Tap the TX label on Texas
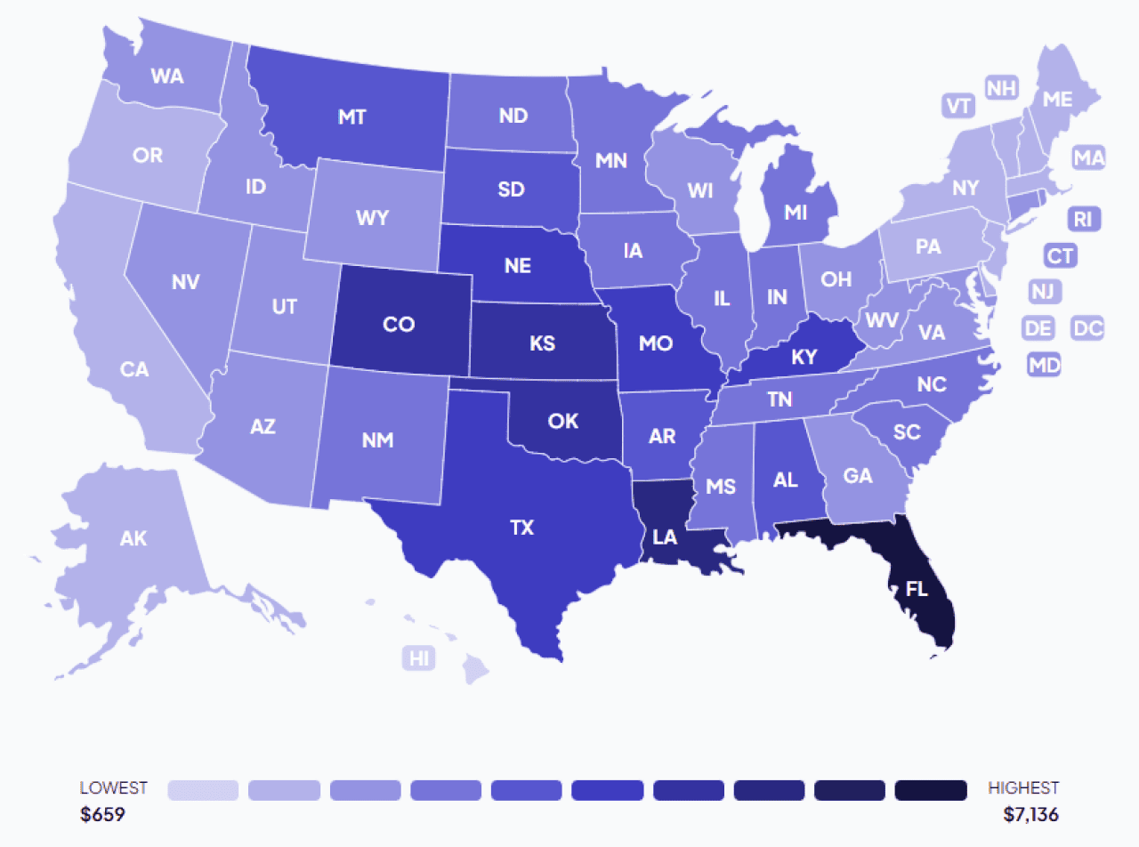(x=521, y=528)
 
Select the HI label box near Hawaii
(x=418, y=658)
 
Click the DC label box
(x=1087, y=328)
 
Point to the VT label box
(x=957, y=106)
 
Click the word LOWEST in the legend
(x=114, y=788)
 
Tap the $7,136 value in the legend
(x=1030, y=814)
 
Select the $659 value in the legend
(x=102, y=814)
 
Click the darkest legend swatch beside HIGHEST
(x=931, y=790)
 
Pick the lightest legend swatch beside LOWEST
(x=203, y=790)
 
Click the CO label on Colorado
(x=399, y=325)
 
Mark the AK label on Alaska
(x=133, y=538)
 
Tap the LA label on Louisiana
(x=664, y=536)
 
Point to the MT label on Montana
(x=352, y=117)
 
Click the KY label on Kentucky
(x=804, y=358)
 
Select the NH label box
(x=1001, y=88)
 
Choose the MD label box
(x=1043, y=364)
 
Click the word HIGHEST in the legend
(x=1023, y=788)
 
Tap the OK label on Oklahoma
(x=563, y=421)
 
